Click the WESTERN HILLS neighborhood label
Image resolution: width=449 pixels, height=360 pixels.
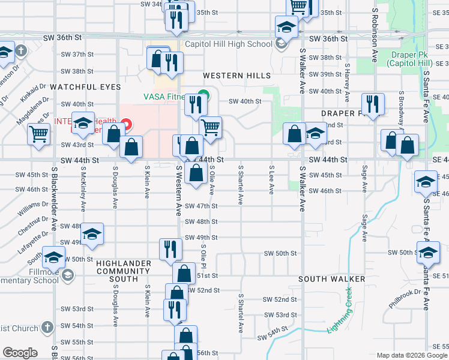click(x=237, y=76)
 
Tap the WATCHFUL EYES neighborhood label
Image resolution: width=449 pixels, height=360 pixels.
click(x=85, y=87)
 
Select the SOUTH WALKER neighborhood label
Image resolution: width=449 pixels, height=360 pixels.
click(x=331, y=280)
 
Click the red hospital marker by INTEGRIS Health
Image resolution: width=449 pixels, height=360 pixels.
click(x=126, y=125)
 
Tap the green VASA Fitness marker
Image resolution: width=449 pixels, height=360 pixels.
click(x=204, y=94)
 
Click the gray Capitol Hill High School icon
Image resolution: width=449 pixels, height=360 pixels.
click(x=280, y=43)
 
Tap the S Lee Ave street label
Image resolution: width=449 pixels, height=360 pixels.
click(x=271, y=179)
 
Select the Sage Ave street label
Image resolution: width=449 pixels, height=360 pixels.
click(x=364, y=179)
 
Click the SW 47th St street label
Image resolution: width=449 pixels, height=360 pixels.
click(x=201, y=206)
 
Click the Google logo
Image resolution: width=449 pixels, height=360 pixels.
click(x=20, y=353)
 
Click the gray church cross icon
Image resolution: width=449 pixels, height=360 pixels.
click(x=22, y=50)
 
